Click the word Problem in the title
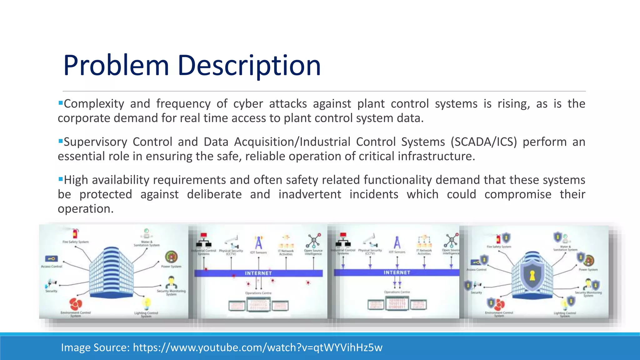(x=116, y=65)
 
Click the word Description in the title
(x=249, y=65)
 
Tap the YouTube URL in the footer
(x=257, y=347)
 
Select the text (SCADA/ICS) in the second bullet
(x=483, y=142)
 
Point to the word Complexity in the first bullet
(x=94, y=104)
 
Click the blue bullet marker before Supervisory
(x=61, y=141)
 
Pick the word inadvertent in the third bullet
(x=310, y=194)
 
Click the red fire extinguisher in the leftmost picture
(x=75, y=233)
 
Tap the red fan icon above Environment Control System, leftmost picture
(x=76, y=303)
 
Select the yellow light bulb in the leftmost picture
(x=146, y=303)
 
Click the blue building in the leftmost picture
(x=111, y=272)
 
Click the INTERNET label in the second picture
(x=258, y=273)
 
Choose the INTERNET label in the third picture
(x=397, y=272)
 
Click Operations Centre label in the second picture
(x=258, y=293)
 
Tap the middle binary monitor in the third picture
(x=397, y=303)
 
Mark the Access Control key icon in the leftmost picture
(x=51, y=259)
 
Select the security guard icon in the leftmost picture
(x=171, y=282)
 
